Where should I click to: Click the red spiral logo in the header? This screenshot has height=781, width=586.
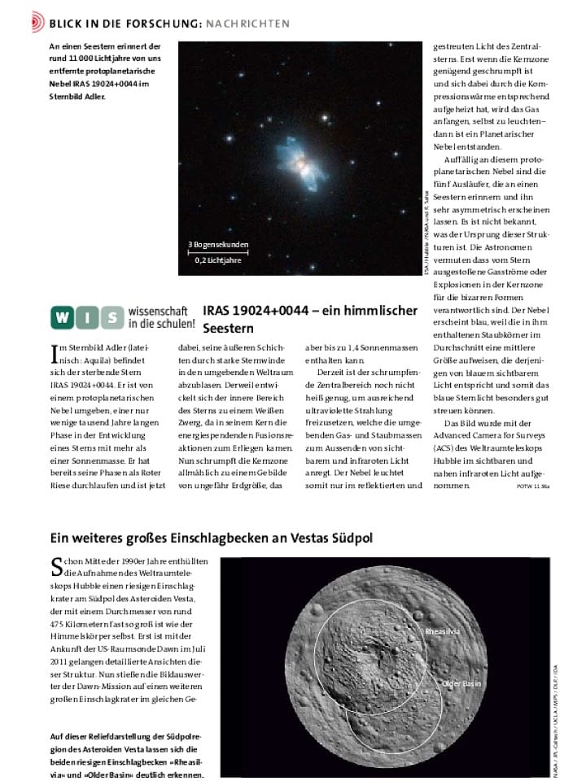37,23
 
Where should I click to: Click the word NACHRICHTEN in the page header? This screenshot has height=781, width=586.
247,24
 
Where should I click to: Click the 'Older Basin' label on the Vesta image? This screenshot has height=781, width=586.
461,684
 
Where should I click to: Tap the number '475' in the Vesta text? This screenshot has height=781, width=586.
61,624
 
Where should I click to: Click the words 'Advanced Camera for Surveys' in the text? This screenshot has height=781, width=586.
489,436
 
